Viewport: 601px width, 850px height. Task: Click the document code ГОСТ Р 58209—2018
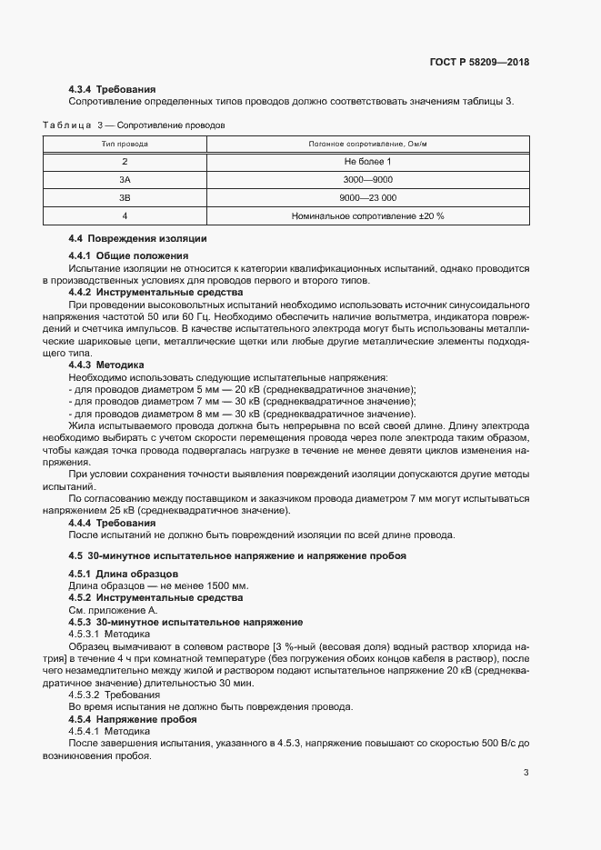click(478, 63)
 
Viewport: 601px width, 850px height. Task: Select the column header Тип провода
click(125, 144)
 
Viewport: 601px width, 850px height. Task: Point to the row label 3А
click(125, 179)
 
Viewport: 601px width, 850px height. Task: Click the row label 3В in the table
click(125, 197)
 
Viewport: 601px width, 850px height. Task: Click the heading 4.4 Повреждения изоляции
click(137, 238)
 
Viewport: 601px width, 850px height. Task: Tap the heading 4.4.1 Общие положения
click(128, 256)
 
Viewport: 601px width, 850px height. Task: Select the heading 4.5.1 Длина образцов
click(124, 573)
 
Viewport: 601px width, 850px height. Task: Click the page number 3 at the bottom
click(526, 773)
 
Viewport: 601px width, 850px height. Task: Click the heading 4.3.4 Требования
click(113, 90)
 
